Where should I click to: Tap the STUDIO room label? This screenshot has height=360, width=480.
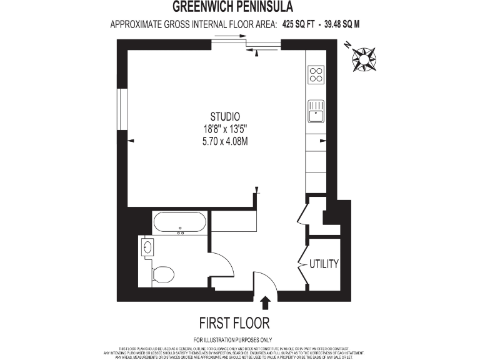225,116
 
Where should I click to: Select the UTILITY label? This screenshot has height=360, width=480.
324,264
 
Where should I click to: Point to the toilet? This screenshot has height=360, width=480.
163,274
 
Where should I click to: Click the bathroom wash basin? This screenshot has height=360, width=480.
148,247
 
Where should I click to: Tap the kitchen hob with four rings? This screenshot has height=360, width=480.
316,75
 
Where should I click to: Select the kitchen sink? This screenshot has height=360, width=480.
316,112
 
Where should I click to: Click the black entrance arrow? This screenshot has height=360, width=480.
265,302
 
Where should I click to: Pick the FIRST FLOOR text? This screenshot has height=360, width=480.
234,323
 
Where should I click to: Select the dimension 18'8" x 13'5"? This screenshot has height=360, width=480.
225,129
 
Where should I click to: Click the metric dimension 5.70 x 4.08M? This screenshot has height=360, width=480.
225,141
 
